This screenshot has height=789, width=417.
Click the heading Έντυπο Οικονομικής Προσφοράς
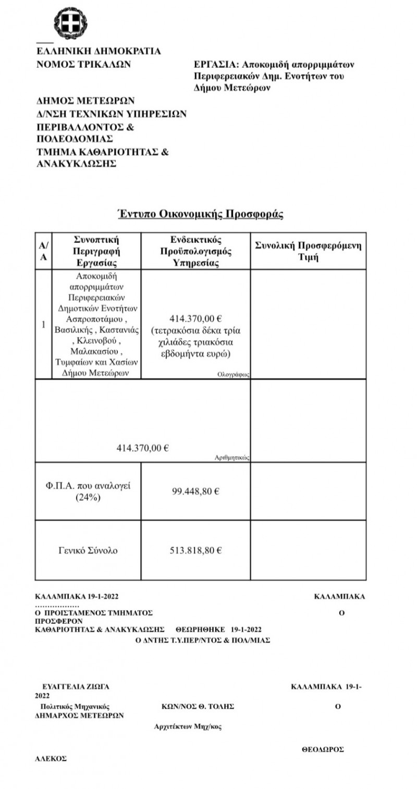tap(200, 214)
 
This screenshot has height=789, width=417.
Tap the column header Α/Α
tap(44, 251)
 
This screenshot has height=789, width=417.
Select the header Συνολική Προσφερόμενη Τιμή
tap(308, 251)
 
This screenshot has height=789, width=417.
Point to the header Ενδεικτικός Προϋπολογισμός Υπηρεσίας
tap(196, 251)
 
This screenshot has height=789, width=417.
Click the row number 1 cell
tap(43, 324)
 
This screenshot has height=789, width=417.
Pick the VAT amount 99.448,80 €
tap(195, 491)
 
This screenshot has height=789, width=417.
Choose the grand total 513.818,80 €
tap(195, 550)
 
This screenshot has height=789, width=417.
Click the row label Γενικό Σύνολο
tap(88, 550)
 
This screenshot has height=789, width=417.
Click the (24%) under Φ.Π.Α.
tap(88, 497)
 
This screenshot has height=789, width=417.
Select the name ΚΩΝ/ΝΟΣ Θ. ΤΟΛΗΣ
tap(198, 706)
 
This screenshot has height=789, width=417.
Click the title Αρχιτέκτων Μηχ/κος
tap(188, 727)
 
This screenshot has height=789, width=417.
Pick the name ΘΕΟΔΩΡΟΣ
tap(323, 749)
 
